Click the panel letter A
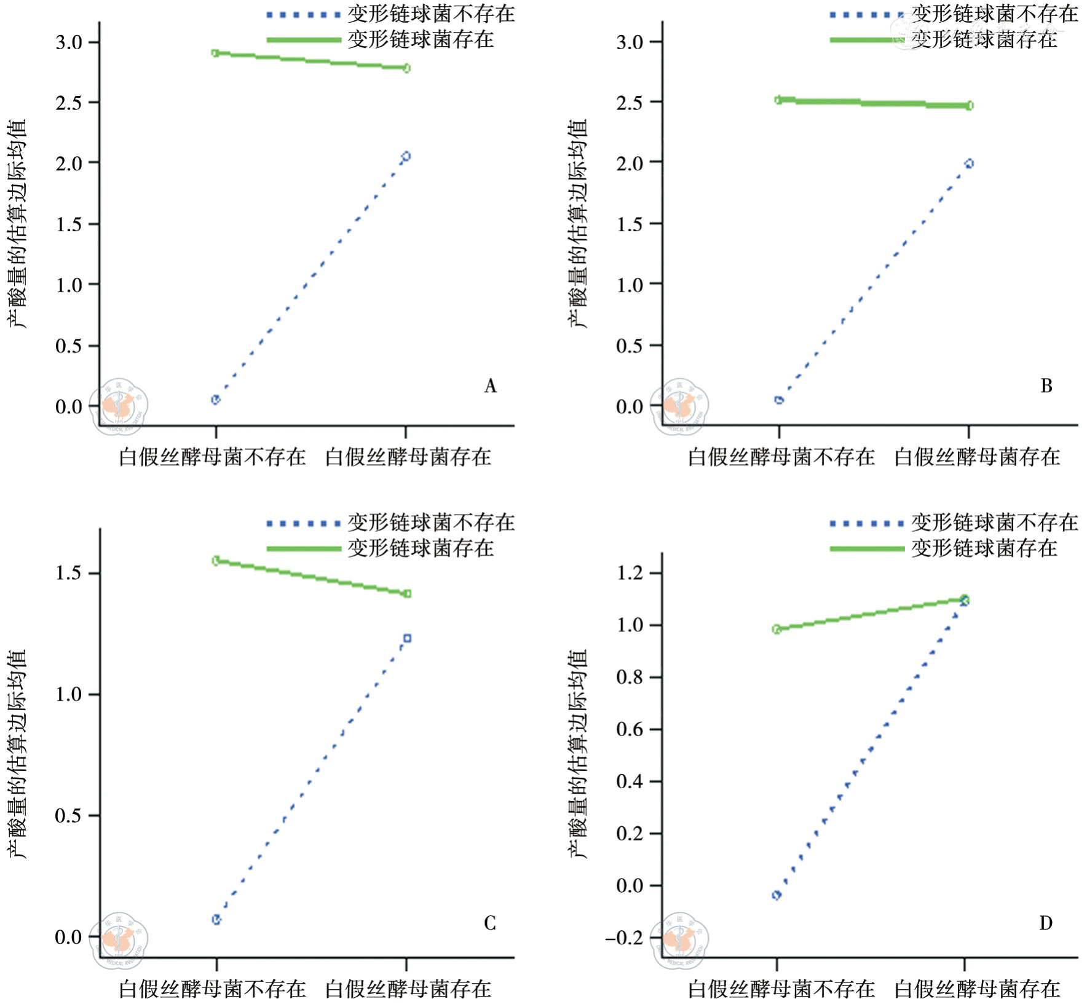(490, 386)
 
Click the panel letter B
(1046, 386)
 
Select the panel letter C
(489, 923)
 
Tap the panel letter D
(1045, 923)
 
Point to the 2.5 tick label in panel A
(69, 103)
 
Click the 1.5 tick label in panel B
(630, 224)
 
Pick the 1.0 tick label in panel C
(69, 694)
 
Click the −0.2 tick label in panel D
(625, 938)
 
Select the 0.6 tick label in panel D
(630, 729)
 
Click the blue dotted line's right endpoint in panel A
(406, 157)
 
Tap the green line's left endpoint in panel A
(215, 53)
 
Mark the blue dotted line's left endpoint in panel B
(779, 400)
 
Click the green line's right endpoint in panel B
(969, 106)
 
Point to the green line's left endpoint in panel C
(216, 560)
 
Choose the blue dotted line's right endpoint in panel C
(406, 638)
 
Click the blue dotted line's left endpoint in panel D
(777, 895)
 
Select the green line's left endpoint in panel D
(777, 629)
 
